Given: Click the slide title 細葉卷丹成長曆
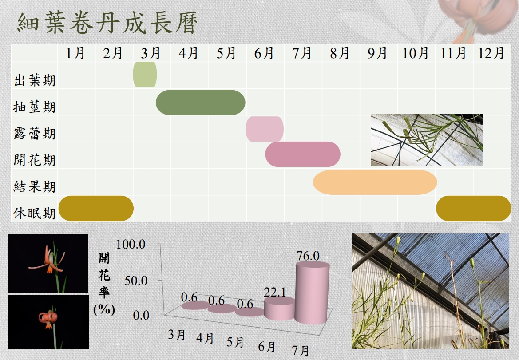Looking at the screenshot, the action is [107, 23].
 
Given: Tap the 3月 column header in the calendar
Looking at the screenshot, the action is [151, 53].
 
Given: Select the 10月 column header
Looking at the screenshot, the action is [416, 53].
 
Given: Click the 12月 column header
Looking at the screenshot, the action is [491, 53].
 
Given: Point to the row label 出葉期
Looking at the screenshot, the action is [35, 80].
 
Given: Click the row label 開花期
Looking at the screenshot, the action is [35, 160].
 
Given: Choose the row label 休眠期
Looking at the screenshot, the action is [35, 214].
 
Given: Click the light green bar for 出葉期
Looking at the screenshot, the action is [145, 75].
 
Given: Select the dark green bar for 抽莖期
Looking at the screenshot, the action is [201, 103].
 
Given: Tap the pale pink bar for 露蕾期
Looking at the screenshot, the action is [265, 129].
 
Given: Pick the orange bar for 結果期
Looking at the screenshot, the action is [375, 182].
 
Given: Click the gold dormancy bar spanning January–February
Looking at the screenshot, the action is [96, 209].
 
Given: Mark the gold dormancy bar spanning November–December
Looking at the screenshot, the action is [474, 209].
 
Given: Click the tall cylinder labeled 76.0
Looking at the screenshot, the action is [313, 293].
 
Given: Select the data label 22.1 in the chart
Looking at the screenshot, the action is [275, 292].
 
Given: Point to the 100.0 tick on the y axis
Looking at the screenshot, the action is [131, 244].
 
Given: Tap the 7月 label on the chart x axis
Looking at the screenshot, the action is [301, 350].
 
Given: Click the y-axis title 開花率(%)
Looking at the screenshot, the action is [104, 284].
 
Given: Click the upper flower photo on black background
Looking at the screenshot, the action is [48, 264].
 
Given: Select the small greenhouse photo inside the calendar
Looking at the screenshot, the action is [427, 140].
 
